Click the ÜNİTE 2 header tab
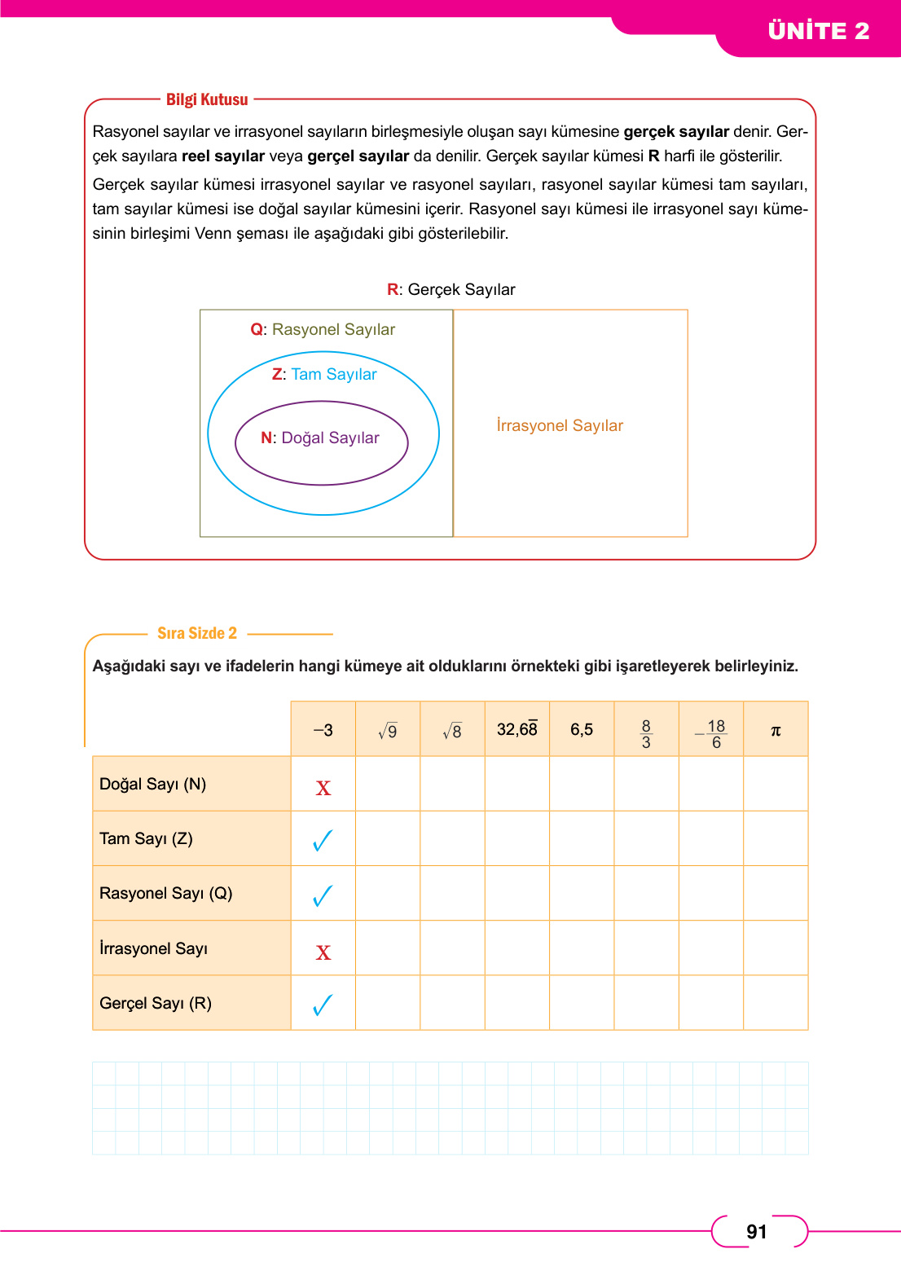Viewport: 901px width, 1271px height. [818, 31]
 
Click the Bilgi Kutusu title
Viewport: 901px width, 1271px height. [207, 99]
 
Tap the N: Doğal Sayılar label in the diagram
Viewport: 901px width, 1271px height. [320, 438]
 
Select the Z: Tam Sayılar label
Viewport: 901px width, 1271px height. [324, 375]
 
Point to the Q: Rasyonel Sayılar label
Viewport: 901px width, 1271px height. [323, 330]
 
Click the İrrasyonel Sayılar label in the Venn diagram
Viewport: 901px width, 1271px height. [560, 426]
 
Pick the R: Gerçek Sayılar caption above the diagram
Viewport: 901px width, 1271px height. [451, 290]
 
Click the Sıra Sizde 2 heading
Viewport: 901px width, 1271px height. [197, 633]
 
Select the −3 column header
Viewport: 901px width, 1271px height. [323, 730]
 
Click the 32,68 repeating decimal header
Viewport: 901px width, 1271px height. [517, 729]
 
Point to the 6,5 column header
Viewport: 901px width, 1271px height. [582, 730]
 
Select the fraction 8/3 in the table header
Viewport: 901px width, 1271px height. [646, 733]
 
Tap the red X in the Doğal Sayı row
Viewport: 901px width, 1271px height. [323, 788]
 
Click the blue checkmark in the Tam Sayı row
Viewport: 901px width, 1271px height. [323, 840]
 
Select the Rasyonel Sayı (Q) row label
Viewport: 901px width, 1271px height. [166, 894]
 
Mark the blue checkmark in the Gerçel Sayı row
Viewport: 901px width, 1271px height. [323, 1005]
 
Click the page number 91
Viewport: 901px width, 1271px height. [757, 1232]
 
